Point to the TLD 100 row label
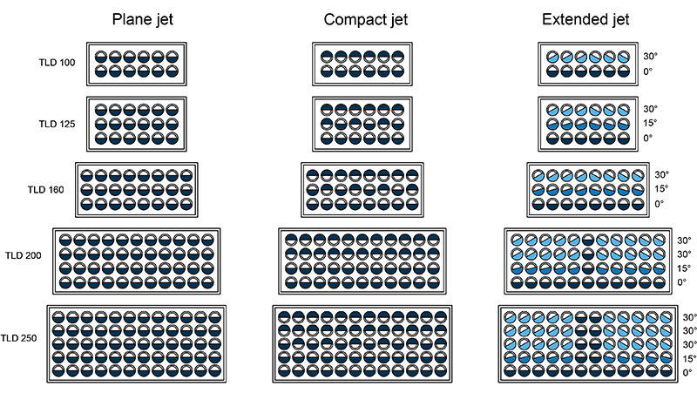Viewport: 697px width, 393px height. [58, 64]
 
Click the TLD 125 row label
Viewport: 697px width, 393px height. [58, 124]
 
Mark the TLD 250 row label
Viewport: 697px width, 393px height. [20, 338]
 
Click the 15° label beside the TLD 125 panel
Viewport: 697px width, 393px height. [650, 124]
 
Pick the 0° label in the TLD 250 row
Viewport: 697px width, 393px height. [687, 373]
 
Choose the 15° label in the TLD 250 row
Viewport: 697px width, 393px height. [687, 359]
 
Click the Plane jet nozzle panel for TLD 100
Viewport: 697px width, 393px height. [138, 64]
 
